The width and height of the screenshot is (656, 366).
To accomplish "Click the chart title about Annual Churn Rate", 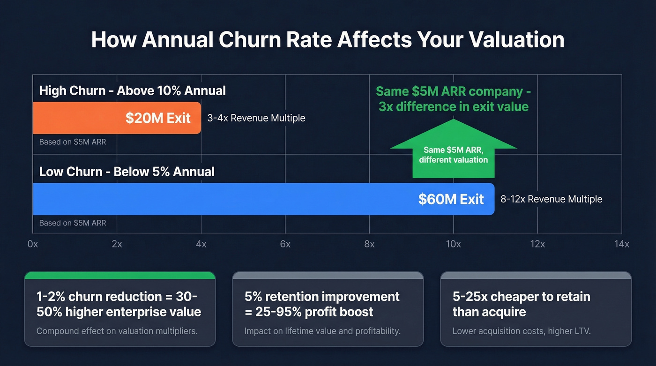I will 328,40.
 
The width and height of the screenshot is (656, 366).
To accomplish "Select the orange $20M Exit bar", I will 117,118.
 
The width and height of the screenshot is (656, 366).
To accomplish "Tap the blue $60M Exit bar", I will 263,199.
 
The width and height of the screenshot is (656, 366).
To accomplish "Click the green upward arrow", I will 453,150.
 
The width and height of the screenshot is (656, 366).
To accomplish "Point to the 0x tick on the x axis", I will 33,244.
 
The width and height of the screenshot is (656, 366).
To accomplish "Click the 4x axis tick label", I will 201,244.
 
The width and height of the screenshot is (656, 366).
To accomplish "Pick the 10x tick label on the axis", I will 453,244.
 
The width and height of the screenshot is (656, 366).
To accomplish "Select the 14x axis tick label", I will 621,244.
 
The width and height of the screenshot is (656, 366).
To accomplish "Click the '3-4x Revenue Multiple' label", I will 256,118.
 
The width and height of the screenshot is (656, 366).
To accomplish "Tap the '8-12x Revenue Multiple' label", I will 551,199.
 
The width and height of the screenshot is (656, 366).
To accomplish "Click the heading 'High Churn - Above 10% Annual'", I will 133,90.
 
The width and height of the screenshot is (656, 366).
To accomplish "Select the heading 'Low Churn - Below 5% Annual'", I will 127,172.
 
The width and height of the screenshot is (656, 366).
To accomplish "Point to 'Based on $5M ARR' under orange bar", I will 73,142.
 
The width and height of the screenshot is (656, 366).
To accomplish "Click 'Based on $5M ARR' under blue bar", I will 73,223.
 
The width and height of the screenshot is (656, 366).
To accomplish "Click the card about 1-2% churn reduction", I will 119,309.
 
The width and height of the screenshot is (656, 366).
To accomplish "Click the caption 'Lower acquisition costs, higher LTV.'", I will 522,331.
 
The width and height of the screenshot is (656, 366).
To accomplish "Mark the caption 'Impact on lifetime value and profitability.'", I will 322,331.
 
